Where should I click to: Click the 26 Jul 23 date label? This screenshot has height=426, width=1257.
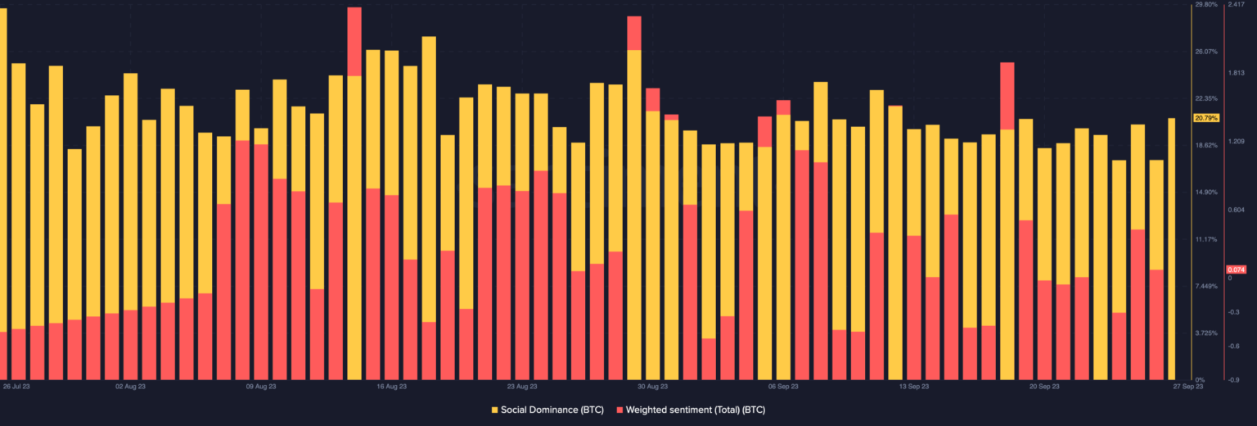click(x=16, y=386)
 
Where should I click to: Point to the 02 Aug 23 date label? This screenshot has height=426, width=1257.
click(x=130, y=386)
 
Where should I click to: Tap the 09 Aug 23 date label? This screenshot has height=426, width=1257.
click(x=260, y=386)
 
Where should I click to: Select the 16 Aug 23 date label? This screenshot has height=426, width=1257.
click(x=391, y=386)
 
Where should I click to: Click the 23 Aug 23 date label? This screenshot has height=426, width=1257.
click(x=521, y=386)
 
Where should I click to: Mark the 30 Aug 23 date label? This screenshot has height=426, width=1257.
click(x=652, y=386)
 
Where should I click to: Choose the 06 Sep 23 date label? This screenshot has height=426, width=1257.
click(x=783, y=386)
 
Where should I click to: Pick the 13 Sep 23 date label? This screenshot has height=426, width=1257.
click(x=913, y=386)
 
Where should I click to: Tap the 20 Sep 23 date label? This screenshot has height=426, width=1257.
click(x=1044, y=386)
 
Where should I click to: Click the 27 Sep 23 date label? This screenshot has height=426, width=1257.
click(x=1187, y=386)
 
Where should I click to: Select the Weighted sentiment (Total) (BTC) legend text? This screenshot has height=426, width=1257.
click(x=696, y=409)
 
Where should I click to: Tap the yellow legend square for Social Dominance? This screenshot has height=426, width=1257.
click(x=494, y=409)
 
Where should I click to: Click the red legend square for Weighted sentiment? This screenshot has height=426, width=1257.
click(x=619, y=409)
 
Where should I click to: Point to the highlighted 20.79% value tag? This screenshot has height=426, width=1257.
click(x=1206, y=118)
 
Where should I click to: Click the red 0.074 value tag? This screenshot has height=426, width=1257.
click(x=1236, y=270)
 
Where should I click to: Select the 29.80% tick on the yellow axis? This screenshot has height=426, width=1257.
click(x=1206, y=5)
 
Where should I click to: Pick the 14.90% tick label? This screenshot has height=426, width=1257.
click(x=1206, y=193)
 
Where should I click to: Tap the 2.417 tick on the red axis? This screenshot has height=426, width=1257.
click(x=1236, y=5)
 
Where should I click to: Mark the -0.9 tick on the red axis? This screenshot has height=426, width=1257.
click(x=1234, y=379)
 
